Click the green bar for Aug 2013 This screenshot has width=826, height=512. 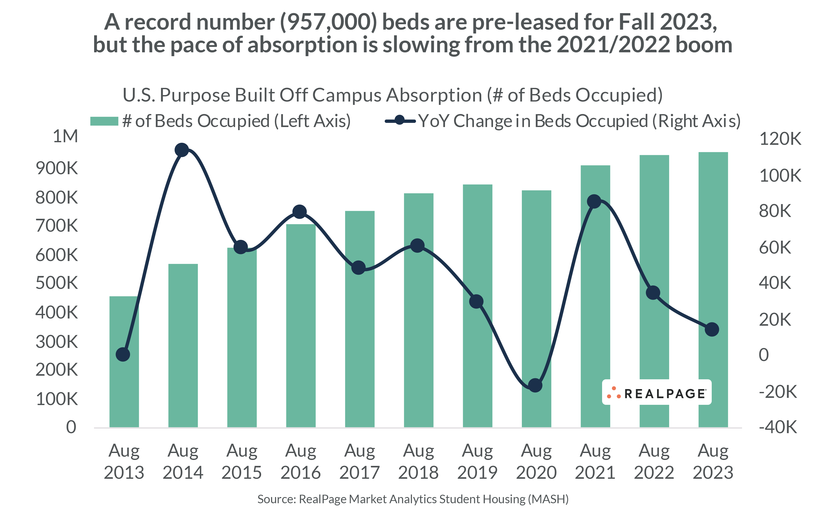point(124,373)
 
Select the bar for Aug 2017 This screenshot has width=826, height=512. point(360,339)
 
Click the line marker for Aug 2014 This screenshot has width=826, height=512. point(182,150)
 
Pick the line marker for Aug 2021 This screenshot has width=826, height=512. point(594,202)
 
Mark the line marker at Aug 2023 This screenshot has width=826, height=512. point(712,329)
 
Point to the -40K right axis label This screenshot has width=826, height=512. point(778,427)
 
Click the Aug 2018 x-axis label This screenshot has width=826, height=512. point(418,461)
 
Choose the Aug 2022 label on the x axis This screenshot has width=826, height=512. point(654,461)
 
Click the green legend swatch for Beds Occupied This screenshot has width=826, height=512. point(104,121)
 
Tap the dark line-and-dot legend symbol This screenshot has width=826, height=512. point(400,120)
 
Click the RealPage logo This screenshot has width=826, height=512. point(657,393)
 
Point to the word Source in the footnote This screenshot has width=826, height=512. point(277,499)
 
